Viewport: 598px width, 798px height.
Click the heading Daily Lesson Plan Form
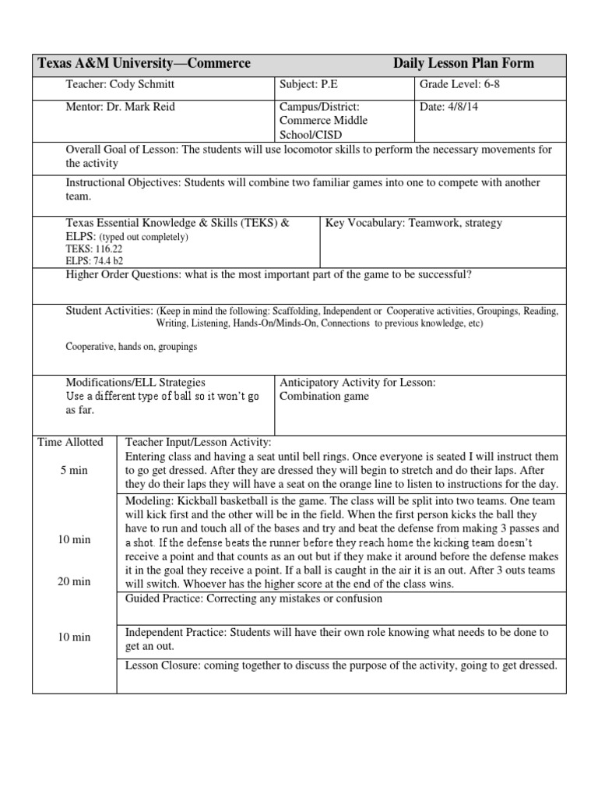pyautogui.click(x=463, y=64)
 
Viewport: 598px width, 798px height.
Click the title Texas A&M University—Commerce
pyautogui.click(x=145, y=64)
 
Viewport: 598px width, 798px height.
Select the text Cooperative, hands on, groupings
pyautogui.click(x=131, y=347)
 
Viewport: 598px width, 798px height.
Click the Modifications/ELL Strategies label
pyautogui.click(x=135, y=383)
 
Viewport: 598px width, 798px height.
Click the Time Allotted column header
pyautogui.click(x=71, y=442)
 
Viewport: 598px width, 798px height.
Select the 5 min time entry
pyautogui.click(x=75, y=470)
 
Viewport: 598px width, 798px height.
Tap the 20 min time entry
pyautogui.click(x=75, y=581)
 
